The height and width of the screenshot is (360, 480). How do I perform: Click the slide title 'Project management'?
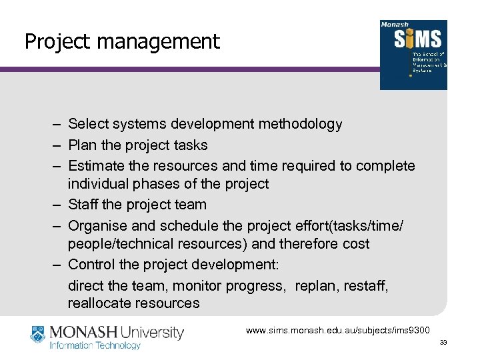pyautogui.click(x=122, y=42)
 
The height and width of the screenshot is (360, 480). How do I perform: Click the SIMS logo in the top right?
pyautogui.click(x=413, y=55)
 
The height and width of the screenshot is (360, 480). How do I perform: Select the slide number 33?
pyautogui.click(x=442, y=343)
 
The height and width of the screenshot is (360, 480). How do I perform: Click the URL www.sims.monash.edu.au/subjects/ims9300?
pyautogui.click(x=338, y=330)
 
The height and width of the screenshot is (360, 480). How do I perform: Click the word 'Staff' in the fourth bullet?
pyautogui.click(x=84, y=205)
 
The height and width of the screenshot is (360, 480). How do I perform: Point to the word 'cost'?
pyautogui.click(x=353, y=244)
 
